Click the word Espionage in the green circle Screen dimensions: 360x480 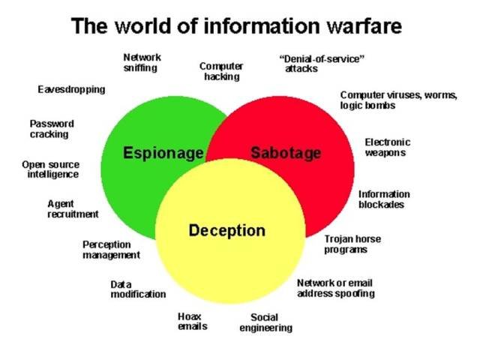click(163, 153)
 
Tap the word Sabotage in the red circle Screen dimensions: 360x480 click(285, 153)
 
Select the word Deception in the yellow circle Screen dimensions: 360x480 click(226, 230)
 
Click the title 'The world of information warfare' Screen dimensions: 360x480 click(236, 27)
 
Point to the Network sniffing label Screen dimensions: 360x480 click(141, 62)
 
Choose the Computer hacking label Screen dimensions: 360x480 click(220, 71)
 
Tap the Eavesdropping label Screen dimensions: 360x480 click(71, 89)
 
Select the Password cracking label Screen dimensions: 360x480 click(52, 129)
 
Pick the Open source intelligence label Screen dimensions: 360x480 click(50, 169)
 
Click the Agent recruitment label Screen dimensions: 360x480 click(72, 208)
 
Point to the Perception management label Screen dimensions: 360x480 click(111, 249)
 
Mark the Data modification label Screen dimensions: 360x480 click(138, 289)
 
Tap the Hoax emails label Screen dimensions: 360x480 click(192, 321)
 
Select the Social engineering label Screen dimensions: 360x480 click(265, 322)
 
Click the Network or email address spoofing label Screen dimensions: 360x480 click(335, 288)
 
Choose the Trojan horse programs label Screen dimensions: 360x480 click(352, 244)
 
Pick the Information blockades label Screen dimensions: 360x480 click(384, 199)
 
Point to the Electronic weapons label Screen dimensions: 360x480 click(387, 147)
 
